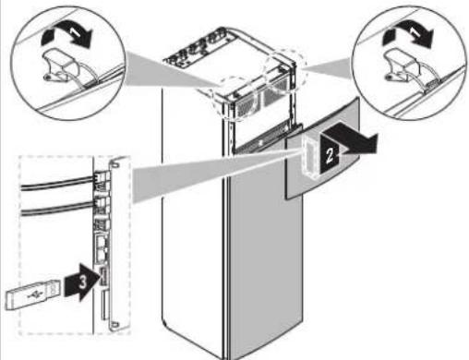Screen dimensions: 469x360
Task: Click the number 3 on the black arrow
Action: click(82, 282)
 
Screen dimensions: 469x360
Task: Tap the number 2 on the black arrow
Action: click(330, 155)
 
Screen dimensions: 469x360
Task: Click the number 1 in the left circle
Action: click(76, 31)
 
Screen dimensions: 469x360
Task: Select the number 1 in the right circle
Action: click(415, 31)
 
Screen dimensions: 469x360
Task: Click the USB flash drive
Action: click(32, 294)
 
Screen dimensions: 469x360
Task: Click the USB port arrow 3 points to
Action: click(103, 277)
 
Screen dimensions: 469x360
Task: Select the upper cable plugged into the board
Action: click(57, 184)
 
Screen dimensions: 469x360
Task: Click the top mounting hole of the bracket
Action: click(115, 164)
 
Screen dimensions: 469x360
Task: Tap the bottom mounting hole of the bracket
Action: click(114, 324)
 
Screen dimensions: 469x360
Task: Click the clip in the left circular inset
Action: click(58, 66)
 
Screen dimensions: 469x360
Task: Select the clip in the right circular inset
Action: click(399, 66)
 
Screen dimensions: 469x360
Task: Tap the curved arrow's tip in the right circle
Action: click(426, 41)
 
